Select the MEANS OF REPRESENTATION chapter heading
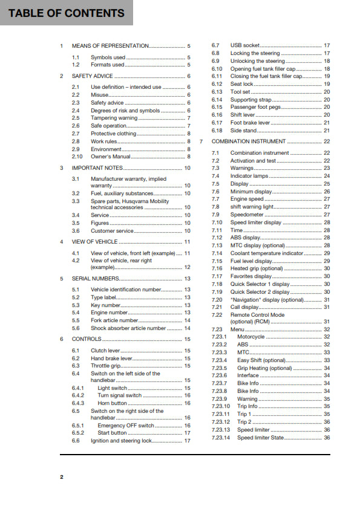tap(110, 46)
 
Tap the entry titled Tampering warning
tap(114, 118)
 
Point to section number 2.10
tap(77, 156)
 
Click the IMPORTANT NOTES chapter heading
tap(97, 167)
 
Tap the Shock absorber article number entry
tap(128, 328)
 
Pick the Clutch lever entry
tap(106, 351)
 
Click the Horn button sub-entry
tap(112, 403)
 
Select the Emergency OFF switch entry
tap(125, 426)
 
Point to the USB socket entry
tap(244, 45)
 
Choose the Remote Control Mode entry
tap(257, 315)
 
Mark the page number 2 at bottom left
tap(61, 477)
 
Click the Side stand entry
tap(243, 130)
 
